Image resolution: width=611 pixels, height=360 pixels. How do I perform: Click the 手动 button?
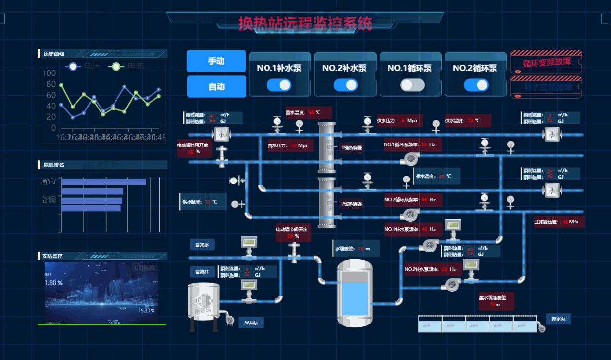click(x=216, y=61)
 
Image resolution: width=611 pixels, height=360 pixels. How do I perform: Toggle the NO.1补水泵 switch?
click(x=279, y=85)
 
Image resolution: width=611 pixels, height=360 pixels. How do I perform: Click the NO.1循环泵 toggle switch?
click(x=412, y=85)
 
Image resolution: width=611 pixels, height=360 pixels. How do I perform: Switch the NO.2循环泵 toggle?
click(x=476, y=85)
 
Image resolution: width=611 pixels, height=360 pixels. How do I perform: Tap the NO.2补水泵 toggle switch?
click(x=345, y=85)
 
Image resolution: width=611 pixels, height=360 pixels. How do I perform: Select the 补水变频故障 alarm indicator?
click(x=546, y=87)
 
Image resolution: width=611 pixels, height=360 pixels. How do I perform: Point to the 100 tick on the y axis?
click(x=49, y=73)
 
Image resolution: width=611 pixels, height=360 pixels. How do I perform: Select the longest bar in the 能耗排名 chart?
click(x=103, y=182)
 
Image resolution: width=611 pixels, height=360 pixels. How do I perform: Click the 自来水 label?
click(x=202, y=245)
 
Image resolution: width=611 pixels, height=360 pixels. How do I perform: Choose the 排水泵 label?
click(x=559, y=319)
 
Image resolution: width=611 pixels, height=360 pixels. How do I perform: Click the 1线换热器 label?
click(x=351, y=147)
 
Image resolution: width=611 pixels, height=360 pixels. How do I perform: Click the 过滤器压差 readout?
click(x=559, y=222)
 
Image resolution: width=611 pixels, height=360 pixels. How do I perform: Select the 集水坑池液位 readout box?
click(x=496, y=301)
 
